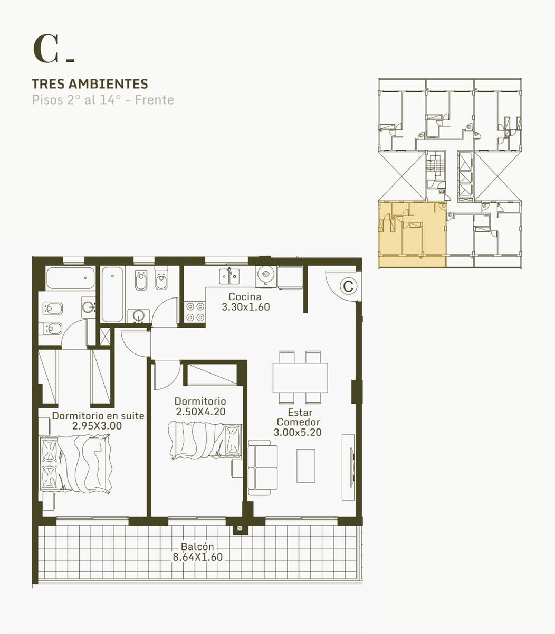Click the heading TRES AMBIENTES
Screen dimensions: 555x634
tap(90, 84)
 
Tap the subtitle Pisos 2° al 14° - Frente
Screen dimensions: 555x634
tap(103, 100)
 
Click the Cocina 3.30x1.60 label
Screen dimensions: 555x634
tap(246, 302)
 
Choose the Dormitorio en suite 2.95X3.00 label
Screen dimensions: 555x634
tap(98, 421)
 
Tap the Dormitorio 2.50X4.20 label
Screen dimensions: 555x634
tap(200, 406)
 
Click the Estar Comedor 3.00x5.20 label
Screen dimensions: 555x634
tap(298, 422)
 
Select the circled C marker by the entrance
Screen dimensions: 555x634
tap(348, 286)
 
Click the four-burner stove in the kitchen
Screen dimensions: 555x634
tap(195, 312)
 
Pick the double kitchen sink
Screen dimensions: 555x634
tap(229, 276)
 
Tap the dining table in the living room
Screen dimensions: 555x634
tap(300, 378)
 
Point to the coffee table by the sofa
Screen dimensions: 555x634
tap(305, 466)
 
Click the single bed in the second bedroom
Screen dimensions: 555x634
tap(205, 440)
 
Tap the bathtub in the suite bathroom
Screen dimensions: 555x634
tap(70, 278)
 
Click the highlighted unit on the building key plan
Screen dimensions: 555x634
tap(412, 235)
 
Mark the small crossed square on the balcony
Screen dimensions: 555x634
tap(240, 528)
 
